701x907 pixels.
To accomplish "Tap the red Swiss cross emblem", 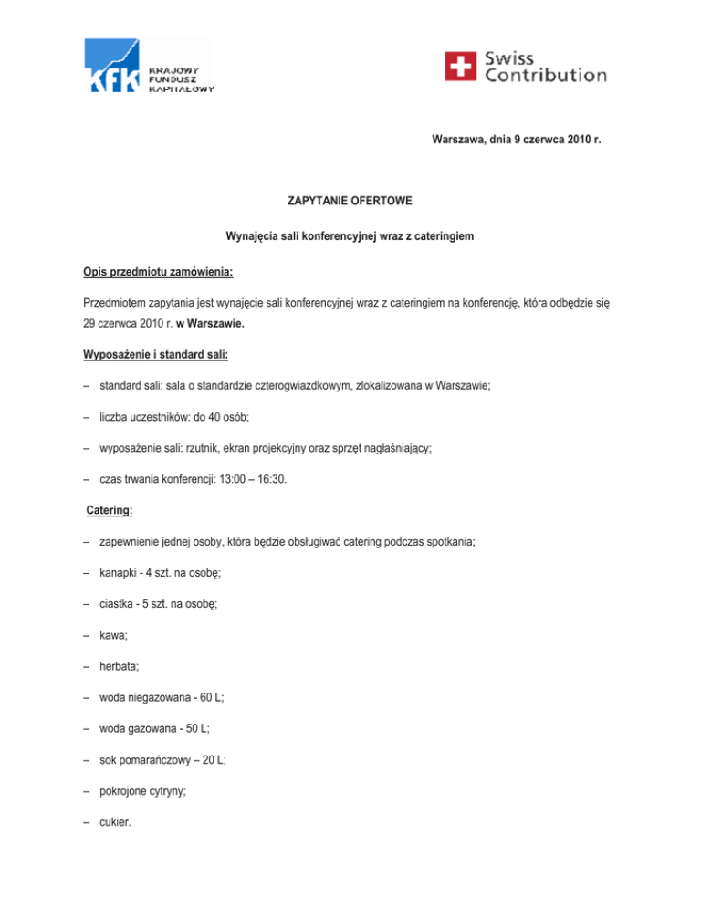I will (461, 66).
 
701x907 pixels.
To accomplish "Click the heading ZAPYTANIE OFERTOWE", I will (350, 198).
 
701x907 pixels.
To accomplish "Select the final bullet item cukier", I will (118, 807).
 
